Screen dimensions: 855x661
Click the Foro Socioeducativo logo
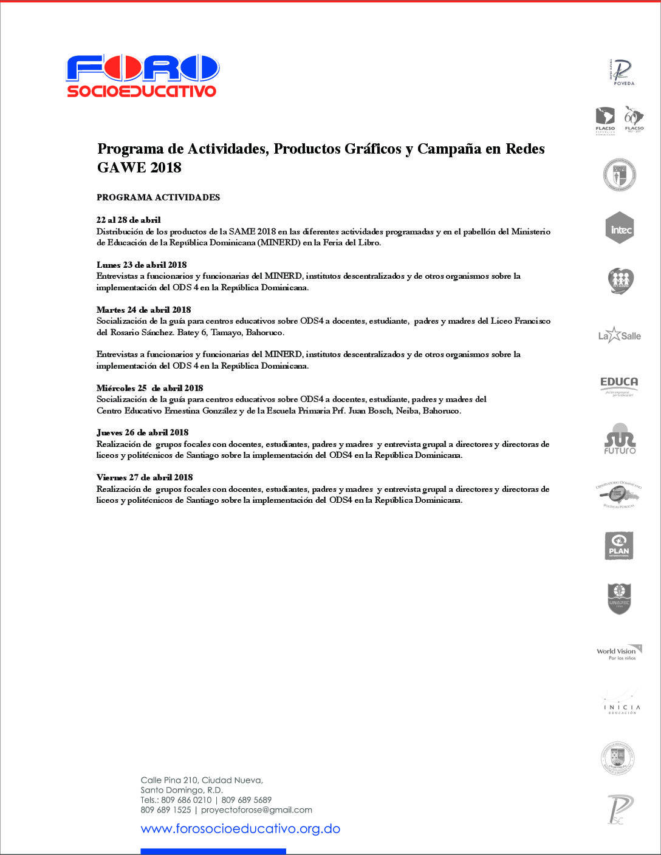(x=142, y=76)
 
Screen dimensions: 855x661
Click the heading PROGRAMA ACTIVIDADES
(x=158, y=197)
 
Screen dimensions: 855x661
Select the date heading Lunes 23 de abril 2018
(x=142, y=265)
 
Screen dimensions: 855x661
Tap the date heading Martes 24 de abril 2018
(x=143, y=310)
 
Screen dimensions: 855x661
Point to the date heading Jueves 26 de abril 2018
(x=142, y=432)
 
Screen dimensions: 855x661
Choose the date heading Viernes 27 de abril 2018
(x=145, y=477)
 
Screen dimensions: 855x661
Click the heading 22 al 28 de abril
(x=128, y=220)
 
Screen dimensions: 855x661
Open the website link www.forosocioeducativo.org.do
(x=240, y=829)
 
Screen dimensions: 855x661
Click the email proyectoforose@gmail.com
(x=256, y=810)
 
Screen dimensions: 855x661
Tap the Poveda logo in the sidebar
(x=621, y=72)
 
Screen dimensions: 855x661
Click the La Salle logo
(x=619, y=335)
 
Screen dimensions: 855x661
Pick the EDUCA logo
(x=619, y=386)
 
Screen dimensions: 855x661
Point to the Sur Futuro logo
(x=620, y=438)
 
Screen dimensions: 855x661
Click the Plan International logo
(x=619, y=545)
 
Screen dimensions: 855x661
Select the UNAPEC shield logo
(x=619, y=599)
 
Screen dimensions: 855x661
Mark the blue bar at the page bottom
(x=213, y=851)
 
